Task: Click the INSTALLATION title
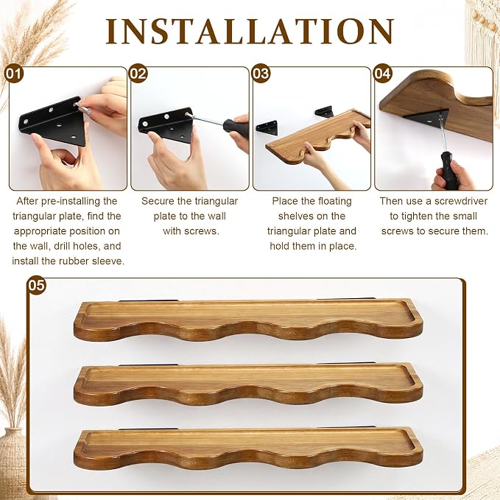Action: click(250, 31)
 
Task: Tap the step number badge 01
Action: click(14, 74)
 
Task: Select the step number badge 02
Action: click(138, 74)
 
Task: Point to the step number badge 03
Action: click(261, 74)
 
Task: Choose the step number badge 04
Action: click(381, 74)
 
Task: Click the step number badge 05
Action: click(36, 285)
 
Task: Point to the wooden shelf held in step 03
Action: click(318, 136)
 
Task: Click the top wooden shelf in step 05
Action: click(248, 320)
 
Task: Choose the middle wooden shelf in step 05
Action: click(248, 385)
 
